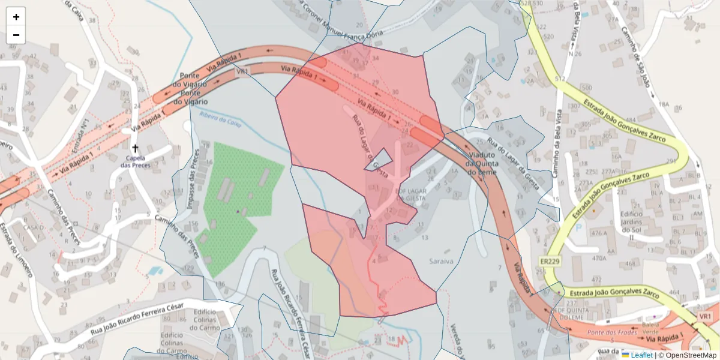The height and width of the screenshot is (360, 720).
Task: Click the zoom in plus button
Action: (x=16, y=17)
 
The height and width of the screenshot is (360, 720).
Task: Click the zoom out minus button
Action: (x=16, y=35)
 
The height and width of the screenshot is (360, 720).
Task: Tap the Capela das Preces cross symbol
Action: (x=135, y=148)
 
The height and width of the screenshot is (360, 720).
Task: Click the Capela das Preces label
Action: (x=135, y=161)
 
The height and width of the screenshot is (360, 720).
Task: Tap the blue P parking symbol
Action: (x=578, y=228)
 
